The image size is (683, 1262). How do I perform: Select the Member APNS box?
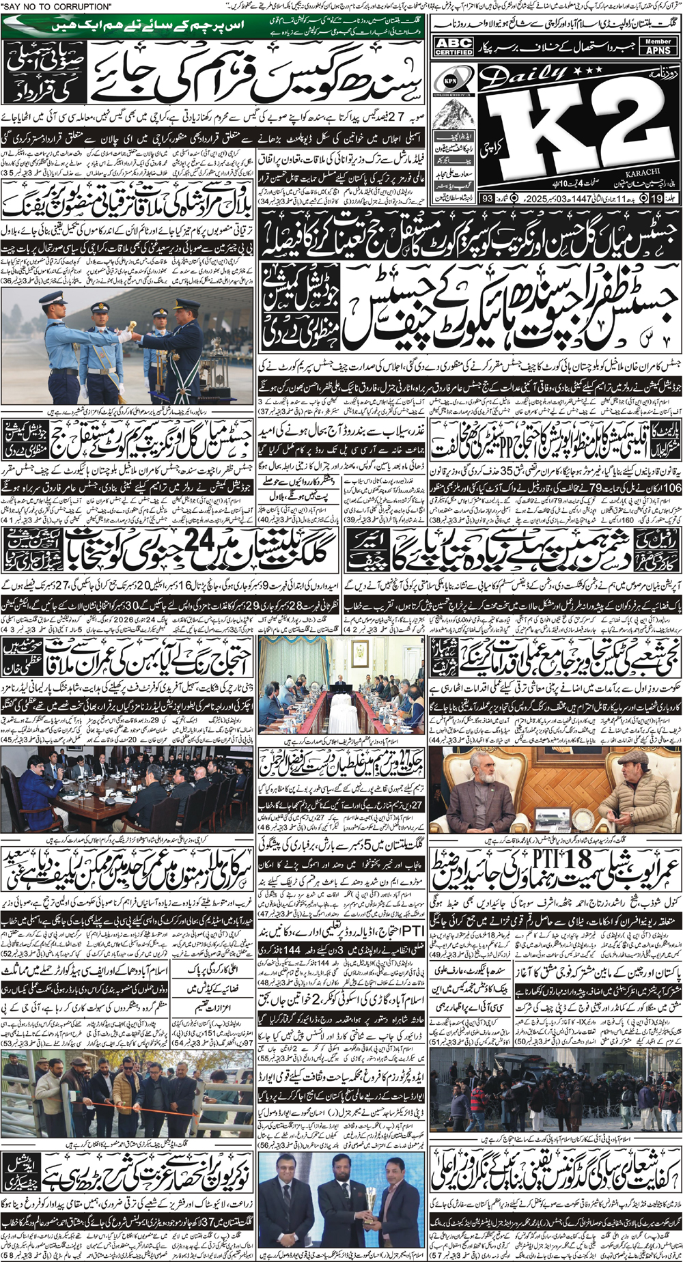click(658, 46)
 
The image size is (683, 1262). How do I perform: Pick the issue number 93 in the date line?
click(487, 199)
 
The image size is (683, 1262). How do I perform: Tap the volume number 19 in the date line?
click(657, 199)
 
